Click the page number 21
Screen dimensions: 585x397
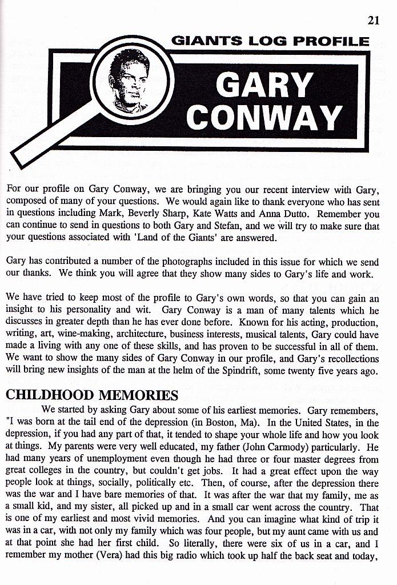click(x=374, y=21)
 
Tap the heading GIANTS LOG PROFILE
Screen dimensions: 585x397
click(x=270, y=41)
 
